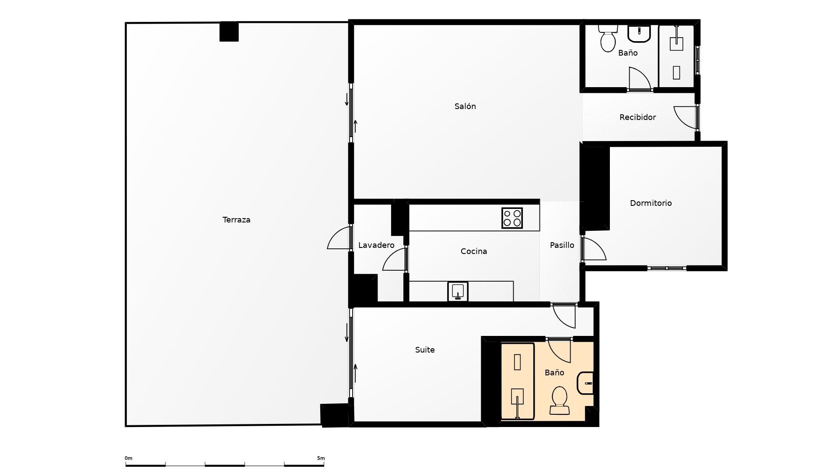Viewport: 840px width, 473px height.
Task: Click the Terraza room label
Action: point(236,220)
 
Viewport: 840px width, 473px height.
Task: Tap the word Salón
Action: point(465,106)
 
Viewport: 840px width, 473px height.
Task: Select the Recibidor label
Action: point(637,117)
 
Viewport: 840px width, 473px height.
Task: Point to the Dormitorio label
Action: point(651,203)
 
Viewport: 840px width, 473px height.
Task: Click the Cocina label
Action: point(474,251)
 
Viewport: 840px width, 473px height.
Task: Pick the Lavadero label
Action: point(376,245)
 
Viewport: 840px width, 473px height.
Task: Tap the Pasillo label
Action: point(562,245)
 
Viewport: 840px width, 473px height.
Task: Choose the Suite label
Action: point(425,350)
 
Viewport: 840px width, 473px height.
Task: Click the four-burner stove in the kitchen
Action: point(512,218)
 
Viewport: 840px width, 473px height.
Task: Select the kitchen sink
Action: point(458,291)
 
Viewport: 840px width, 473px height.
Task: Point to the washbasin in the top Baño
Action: point(639,33)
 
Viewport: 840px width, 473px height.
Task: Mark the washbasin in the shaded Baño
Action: point(586,383)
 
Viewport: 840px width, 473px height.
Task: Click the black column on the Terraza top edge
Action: point(229,32)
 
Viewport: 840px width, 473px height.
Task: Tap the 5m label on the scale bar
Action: point(321,459)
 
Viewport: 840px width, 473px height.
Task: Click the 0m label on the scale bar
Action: point(128,459)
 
